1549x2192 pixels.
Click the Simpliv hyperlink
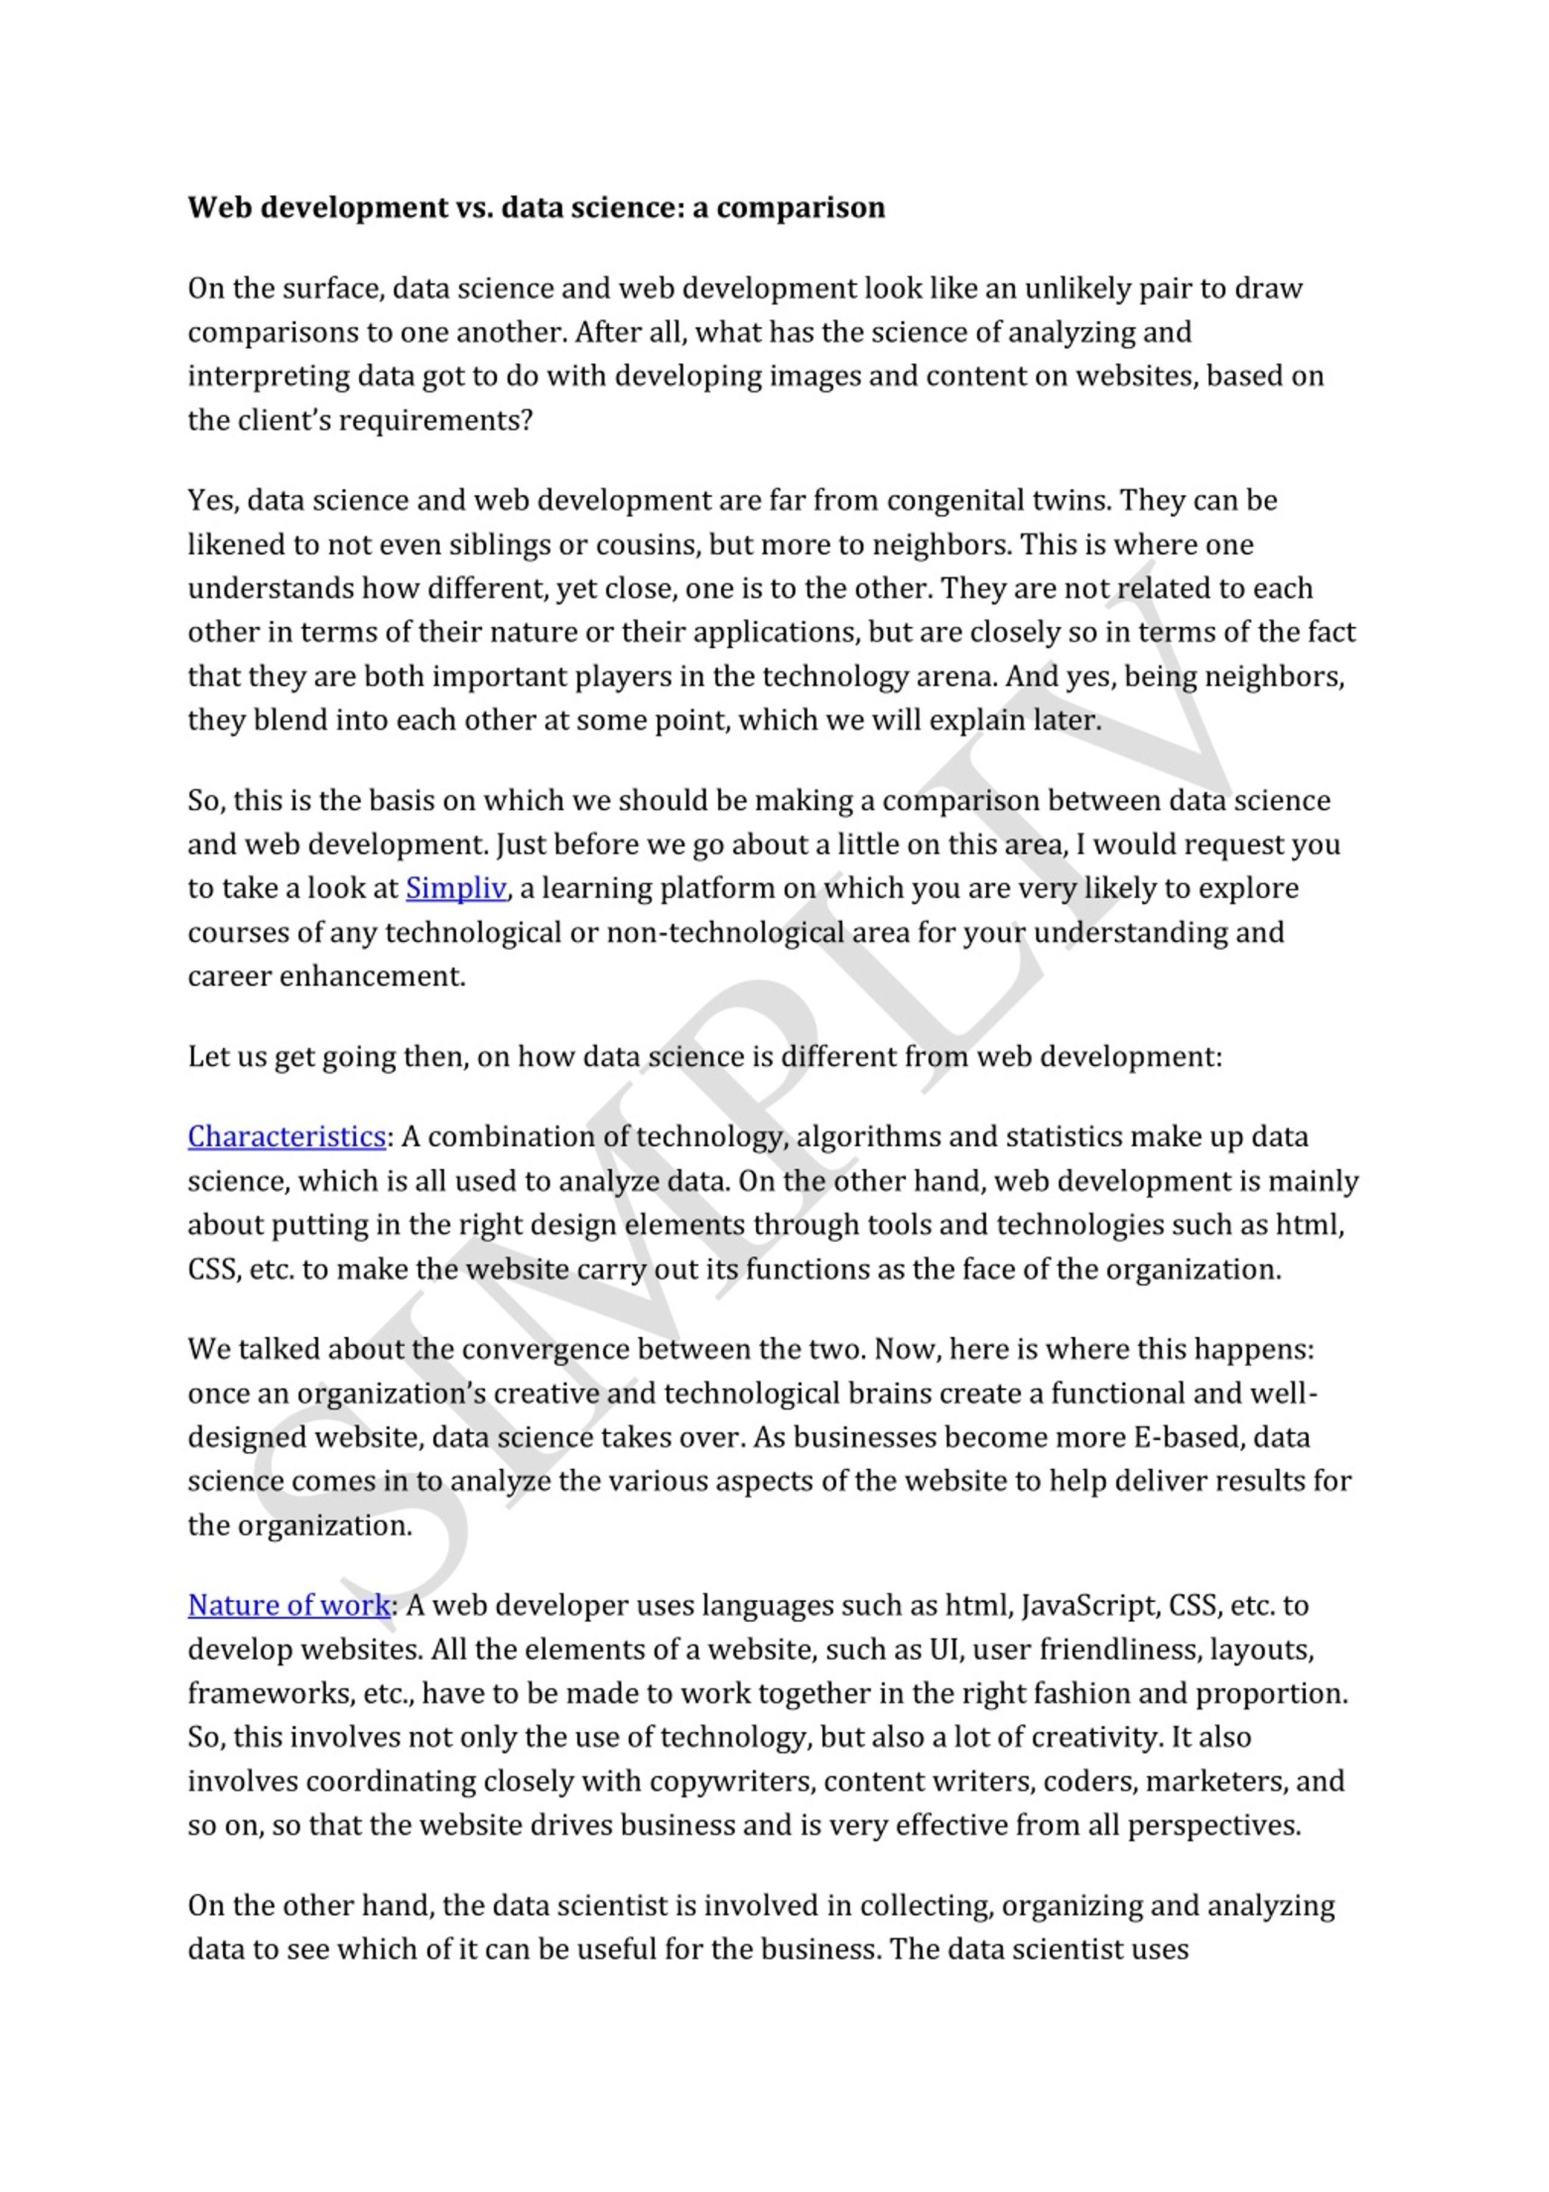(456, 888)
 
